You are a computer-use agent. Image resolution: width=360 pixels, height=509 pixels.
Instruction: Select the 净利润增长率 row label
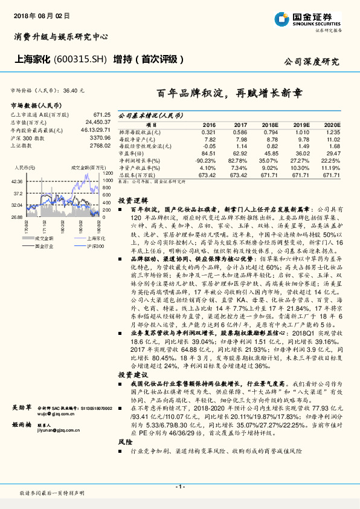(x=140, y=161)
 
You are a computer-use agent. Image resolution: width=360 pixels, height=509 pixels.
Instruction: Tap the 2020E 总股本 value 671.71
(x=331, y=175)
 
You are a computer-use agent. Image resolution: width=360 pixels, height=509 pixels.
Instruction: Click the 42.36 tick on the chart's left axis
(x=16, y=181)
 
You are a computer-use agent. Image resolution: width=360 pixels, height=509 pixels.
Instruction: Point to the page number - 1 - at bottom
(x=180, y=487)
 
